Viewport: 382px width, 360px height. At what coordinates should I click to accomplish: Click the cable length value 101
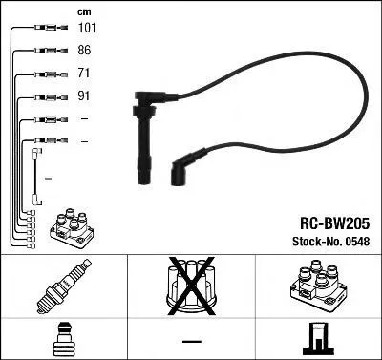tap(87, 28)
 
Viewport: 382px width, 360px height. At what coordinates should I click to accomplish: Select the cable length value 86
tap(84, 50)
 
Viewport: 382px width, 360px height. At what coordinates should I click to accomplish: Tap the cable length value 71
tap(83, 73)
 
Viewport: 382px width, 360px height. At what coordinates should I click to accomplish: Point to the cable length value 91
tap(83, 95)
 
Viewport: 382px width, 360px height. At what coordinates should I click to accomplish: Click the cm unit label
tap(84, 12)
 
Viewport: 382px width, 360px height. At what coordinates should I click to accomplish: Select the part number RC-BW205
tap(334, 223)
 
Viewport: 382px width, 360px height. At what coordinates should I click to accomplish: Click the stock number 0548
tap(356, 242)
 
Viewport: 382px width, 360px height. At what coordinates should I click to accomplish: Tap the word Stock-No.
tap(316, 242)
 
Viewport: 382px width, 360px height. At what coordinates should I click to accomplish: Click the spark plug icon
tap(64, 286)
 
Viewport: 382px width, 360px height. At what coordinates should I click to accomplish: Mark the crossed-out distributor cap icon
tap(191, 286)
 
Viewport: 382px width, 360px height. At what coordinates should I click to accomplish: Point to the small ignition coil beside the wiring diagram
tap(71, 228)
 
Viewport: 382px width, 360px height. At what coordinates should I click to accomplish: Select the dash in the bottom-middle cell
tap(192, 341)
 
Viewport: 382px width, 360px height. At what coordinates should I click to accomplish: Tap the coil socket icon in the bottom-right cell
tap(319, 339)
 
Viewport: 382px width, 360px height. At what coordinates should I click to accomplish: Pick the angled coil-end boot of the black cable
tap(184, 167)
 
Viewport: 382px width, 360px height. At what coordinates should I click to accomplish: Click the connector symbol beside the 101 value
tap(51, 28)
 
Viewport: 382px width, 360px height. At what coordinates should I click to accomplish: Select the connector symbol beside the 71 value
tap(51, 74)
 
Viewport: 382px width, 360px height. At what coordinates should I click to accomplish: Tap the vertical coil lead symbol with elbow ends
tap(36, 177)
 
